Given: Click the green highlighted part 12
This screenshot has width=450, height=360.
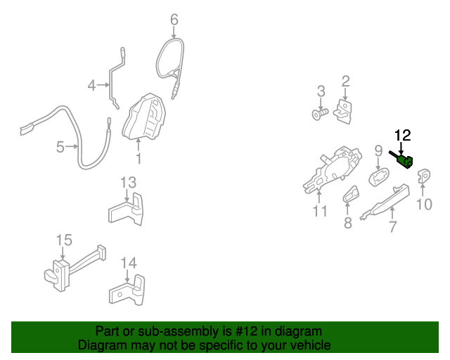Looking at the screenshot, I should point(405,162).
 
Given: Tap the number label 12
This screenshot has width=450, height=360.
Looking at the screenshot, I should point(402,134).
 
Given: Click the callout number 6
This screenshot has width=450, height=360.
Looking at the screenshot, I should point(174,20).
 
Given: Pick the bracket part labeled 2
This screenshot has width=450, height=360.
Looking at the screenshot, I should point(345,110).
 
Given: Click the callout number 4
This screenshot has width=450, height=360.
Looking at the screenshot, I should point(91,86).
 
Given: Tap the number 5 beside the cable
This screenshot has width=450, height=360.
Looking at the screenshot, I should point(60,147).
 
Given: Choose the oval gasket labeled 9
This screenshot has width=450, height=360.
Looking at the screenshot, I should point(380,176).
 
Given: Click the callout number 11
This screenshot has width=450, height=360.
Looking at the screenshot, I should point(320,211).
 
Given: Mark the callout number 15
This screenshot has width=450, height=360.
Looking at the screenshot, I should point(64,240).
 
